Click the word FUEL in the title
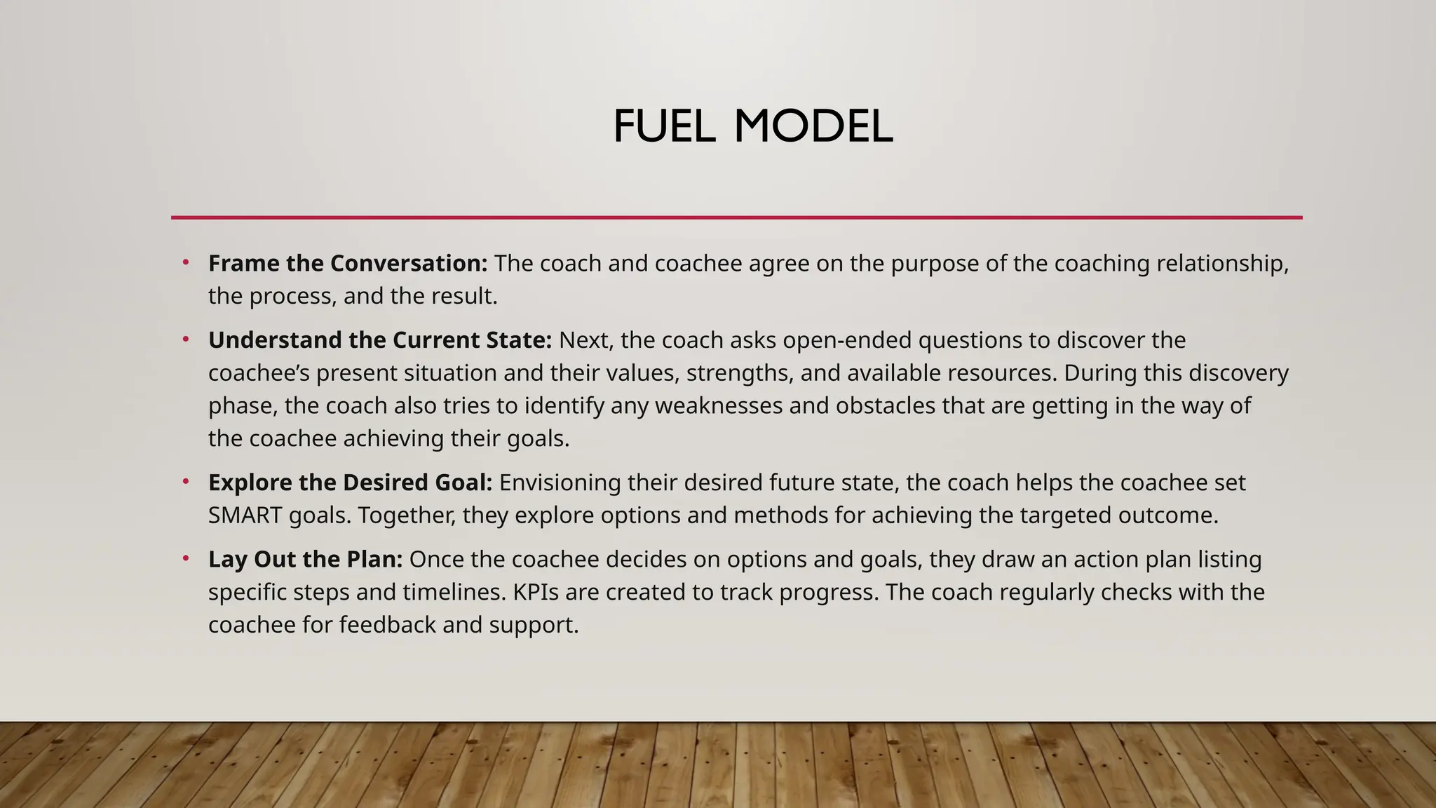(663, 127)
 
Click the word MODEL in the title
(813, 127)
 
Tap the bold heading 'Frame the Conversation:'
(347, 264)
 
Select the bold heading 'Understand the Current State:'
(379, 340)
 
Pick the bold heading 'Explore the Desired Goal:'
(350, 483)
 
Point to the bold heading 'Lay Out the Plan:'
(305, 560)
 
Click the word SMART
(245, 516)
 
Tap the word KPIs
(536, 593)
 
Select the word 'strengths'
(740, 373)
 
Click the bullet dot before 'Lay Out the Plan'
(186, 559)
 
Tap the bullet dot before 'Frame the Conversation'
(186, 263)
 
